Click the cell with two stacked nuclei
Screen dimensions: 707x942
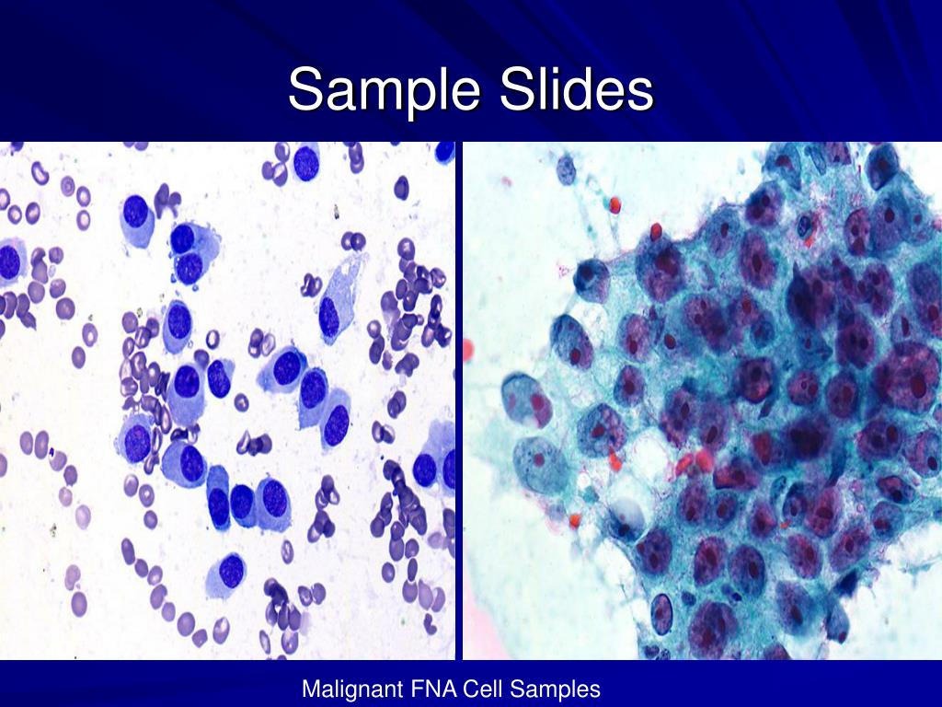[x=189, y=253]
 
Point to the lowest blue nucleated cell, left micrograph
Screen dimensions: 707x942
[x=229, y=571]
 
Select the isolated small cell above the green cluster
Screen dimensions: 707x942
[x=566, y=168]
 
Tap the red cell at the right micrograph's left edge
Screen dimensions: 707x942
[x=467, y=349]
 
